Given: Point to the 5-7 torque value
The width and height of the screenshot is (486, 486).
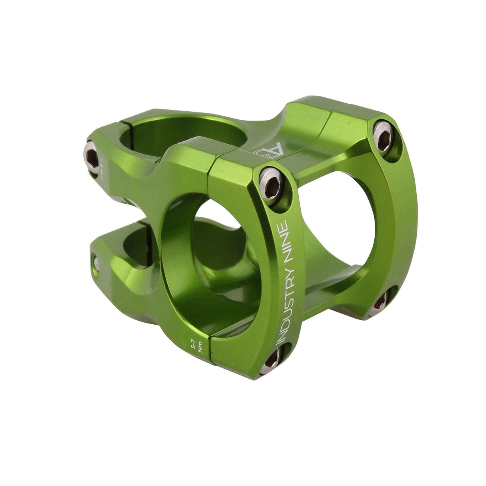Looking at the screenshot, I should click(x=194, y=343).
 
